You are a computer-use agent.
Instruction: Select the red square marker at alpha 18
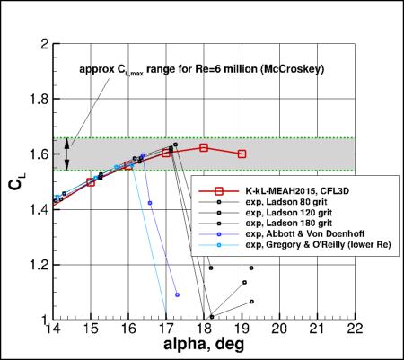(204, 147)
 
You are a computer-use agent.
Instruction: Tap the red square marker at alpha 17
(166, 153)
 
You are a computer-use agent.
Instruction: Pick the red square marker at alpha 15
(91, 181)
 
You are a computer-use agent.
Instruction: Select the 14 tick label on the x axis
(53, 330)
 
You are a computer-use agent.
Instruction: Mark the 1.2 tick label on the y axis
(37, 265)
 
